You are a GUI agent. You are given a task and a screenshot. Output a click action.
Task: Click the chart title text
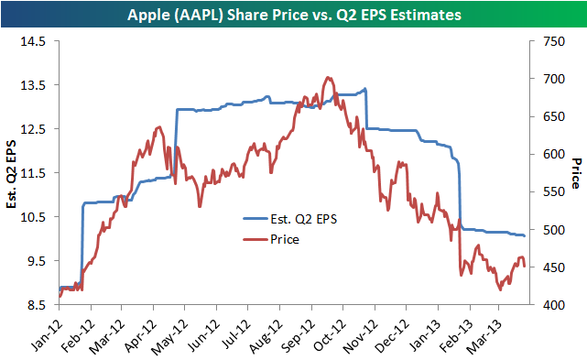click(x=294, y=15)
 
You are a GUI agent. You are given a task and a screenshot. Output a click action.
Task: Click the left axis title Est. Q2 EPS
click(x=12, y=174)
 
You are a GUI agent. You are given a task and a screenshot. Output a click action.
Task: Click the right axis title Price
click(x=576, y=173)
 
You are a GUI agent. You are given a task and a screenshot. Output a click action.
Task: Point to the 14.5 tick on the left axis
click(x=33, y=41)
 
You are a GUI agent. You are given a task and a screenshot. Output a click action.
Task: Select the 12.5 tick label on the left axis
click(x=33, y=129)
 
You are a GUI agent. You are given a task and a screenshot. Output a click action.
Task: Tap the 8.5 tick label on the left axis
click(x=36, y=305)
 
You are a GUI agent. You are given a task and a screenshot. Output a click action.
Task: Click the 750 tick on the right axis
click(x=554, y=41)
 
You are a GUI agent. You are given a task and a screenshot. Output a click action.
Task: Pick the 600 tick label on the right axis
click(x=554, y=154)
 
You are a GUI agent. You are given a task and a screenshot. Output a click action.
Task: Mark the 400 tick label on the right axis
click(x=554, y=305)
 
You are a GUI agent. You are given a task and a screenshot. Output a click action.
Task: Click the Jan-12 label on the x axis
click(x=47, y=333)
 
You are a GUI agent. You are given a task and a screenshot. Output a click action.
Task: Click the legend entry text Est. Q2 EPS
click(x=304, y=219)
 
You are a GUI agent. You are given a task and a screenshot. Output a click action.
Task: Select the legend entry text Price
click(x=285, y=239)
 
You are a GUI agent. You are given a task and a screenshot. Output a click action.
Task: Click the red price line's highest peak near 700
click(x=328, y=78)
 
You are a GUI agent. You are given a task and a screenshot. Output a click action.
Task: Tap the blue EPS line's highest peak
click(x=365, y=89)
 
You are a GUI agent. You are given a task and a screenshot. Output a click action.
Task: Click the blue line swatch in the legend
click(x=255, y=218)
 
